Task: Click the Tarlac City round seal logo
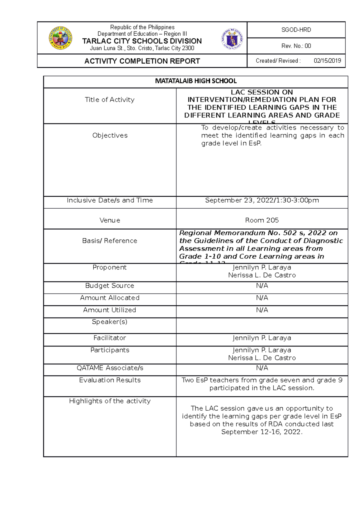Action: (x=60, y=38)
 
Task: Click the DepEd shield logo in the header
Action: (x=232, y=39)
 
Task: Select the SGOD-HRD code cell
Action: (x=296, y=30)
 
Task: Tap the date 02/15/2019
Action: (x=327, y=61)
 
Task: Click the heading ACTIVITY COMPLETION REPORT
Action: (x=142, y=61)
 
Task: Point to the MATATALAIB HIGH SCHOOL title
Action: (x=196, y=81)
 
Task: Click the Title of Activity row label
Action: (x=109, y=100)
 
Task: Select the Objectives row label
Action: (x=110, y=135)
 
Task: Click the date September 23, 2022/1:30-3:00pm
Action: (x=262, y=200)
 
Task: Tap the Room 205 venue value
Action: (x=262, y=220)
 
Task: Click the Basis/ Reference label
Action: (x=109, y=241)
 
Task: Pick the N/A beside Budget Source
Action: (x=262, y=286)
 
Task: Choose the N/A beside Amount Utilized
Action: (x=262, y=310)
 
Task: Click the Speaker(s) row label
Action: (x=109, y=322)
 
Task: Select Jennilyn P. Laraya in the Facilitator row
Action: (x=262, y=338)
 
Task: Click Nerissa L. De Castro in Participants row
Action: (x=262, y=358)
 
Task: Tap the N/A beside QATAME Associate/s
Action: (x=262, y=368)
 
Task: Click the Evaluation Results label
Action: (x=110, y=380)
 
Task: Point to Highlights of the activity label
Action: (x=110, y=401)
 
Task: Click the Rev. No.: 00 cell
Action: (x=296, y=46)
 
